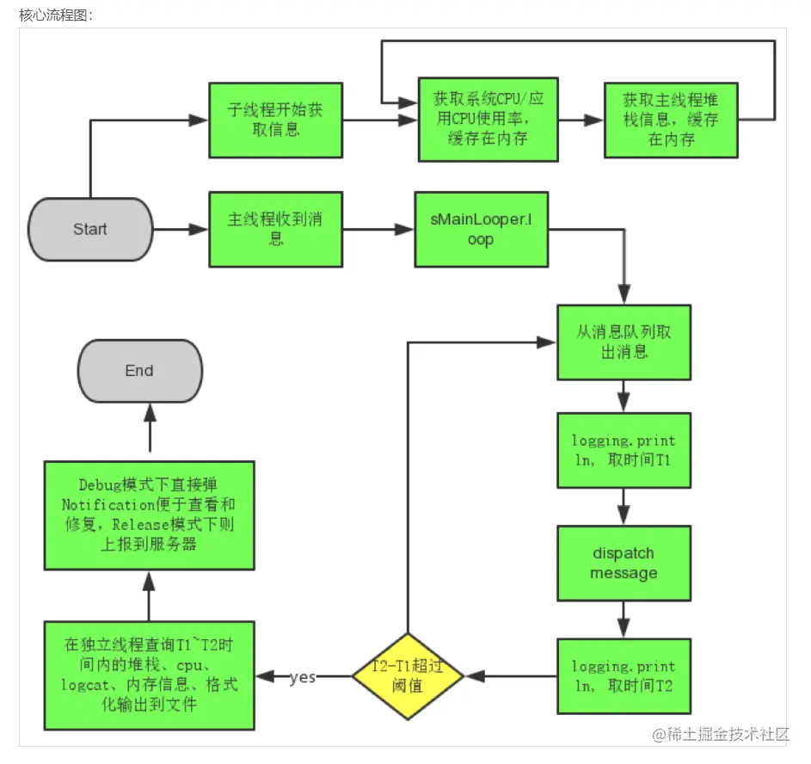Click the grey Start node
90,229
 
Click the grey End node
139,371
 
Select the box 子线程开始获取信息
276,120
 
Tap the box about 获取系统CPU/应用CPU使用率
488,120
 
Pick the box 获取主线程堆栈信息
671,120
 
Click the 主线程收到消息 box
276,229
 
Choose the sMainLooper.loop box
481,229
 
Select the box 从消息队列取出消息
624,342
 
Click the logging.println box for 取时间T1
624,451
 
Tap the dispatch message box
624,563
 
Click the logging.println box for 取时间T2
624,675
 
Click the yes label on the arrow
302,677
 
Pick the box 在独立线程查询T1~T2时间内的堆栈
150,675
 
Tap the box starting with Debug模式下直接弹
150,514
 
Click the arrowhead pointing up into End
150,415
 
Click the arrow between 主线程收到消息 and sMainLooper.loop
378,230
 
